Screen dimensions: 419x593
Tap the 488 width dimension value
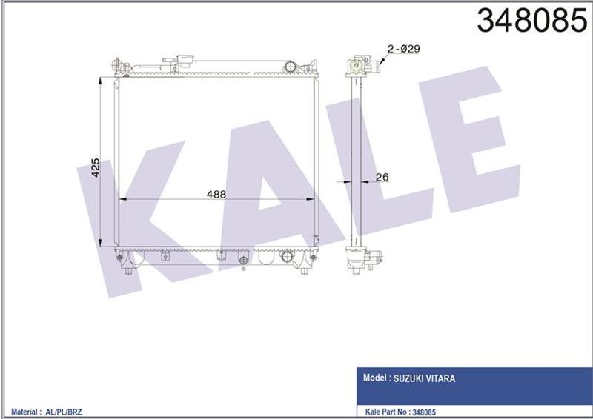[x=216, y=194]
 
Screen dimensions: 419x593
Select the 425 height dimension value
[x=95, y=170]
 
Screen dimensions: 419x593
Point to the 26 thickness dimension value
[x=382, y=177]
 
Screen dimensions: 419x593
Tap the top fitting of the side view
[x=362, y=66]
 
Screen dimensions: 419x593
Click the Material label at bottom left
[x=20, y=409]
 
